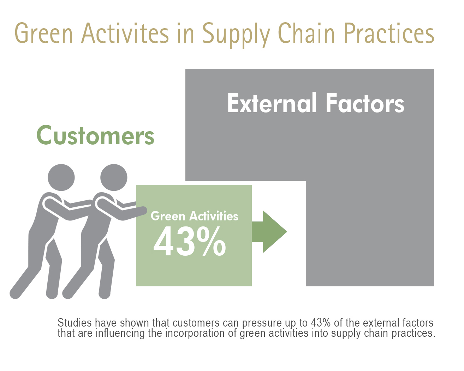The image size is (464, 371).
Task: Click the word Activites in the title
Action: (125, 34)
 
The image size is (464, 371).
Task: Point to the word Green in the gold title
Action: (43, 33)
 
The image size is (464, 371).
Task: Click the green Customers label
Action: (95, 135)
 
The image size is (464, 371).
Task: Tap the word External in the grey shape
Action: (272, 103)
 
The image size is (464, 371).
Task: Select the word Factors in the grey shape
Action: (365, 103)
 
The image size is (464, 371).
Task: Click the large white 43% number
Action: (190, 241)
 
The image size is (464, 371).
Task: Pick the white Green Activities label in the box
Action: (194, 216)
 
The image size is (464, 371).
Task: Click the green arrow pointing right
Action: (269, 232)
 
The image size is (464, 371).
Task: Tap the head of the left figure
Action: (61, 177)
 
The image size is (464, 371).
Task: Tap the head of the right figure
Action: (114, 177)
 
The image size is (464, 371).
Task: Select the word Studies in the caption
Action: (75, 323)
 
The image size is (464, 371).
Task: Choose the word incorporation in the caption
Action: (195, 334)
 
